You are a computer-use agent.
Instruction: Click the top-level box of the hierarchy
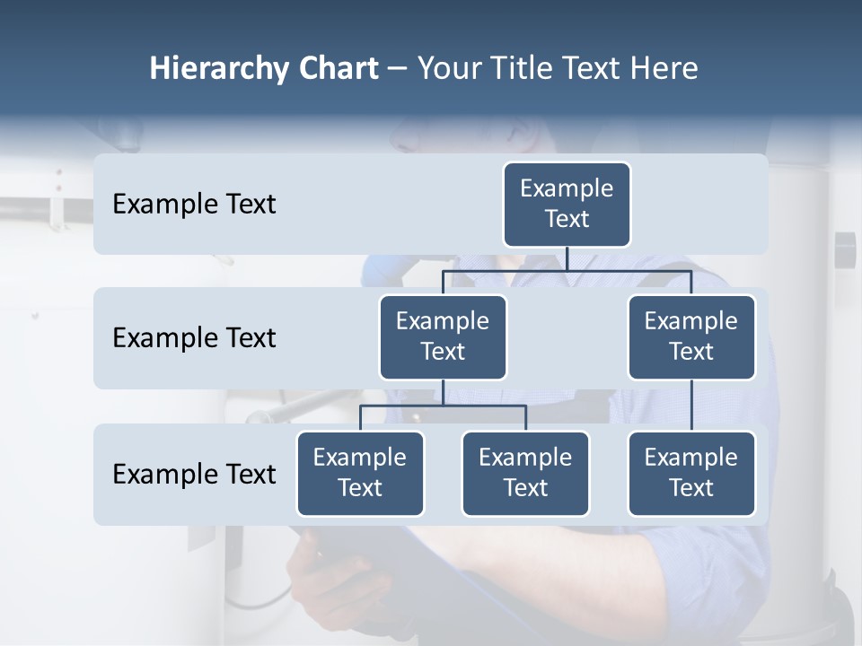[x=567, y=204]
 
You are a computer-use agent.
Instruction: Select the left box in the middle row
[x=443, y=336]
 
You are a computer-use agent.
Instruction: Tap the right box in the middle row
[x=691, y=336]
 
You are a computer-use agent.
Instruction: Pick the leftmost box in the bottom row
[x=360, y=473]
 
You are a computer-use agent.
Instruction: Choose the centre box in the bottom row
[x=525, y=473]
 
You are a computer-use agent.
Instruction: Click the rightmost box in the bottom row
[x=691, y=473]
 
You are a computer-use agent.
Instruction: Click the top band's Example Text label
[x=194, y=205]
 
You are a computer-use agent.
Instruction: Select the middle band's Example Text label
[x=194, y=338]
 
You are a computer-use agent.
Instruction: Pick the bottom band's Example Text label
[x=194, y=474]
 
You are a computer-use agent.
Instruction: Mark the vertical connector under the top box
[x=567, y=258]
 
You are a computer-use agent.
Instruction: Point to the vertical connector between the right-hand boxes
[x=691, y=406]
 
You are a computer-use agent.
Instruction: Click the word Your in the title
[x=448, y=68]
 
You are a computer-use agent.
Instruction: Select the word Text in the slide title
[x=594, y=68]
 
